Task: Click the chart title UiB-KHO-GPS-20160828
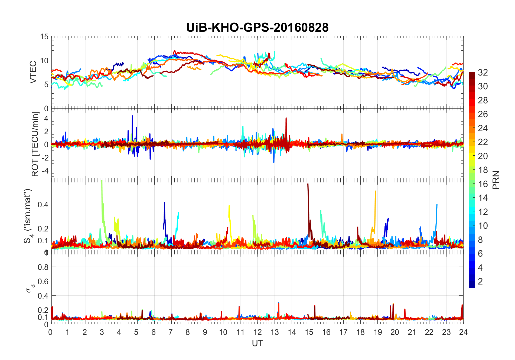click(257, 28)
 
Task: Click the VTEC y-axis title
click(33, 72)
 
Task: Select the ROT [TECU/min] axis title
click(35, 144)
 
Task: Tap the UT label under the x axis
click(257, 343)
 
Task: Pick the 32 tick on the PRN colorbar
click(483, 72)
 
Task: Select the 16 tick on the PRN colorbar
click(483, 184)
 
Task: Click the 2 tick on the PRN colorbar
click(480, 282)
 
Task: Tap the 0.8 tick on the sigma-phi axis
click(43, 267)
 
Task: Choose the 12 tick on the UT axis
click(257, 332)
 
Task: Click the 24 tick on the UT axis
click(463, 332)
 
